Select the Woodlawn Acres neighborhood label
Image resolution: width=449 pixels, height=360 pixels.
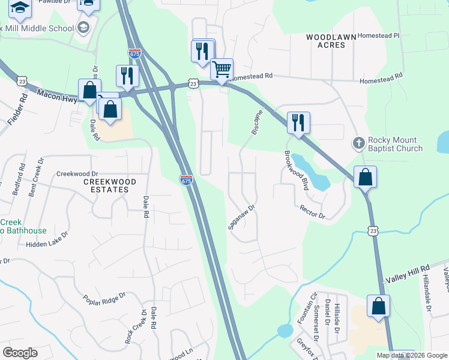[x=327, y=41]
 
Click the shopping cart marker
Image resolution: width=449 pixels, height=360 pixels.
[x=222, y=70]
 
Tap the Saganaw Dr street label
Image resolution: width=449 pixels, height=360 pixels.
[x=242, y=217]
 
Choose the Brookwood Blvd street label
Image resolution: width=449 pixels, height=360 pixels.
[x=297, y=170]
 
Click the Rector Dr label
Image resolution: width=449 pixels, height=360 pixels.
[x=312, y=211]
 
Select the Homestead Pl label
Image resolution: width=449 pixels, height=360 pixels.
[x=378, y=36]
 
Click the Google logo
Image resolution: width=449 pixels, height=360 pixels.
[x=20, y=352]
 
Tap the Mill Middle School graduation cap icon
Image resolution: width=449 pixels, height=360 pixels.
[x=83, y=28]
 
